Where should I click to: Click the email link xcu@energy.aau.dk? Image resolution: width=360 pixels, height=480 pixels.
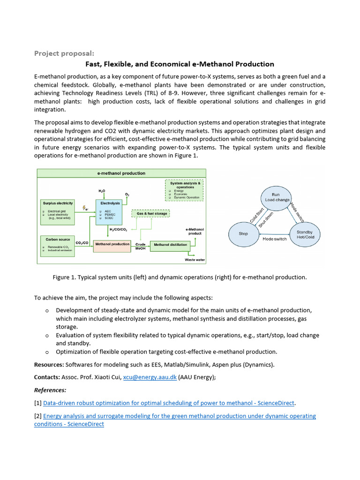tap(150, 377)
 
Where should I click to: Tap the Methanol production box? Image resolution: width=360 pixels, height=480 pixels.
tap(112, 245)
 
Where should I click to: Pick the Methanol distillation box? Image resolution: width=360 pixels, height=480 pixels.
tap(170, 245)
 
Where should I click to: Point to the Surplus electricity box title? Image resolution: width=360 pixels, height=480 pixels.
tap(58, 203)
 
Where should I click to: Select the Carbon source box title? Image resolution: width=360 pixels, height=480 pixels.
tap(58, 239)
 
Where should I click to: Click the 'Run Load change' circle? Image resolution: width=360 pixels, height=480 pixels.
tap(277, 197)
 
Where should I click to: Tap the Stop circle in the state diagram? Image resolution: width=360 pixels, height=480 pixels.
tap(243, 233)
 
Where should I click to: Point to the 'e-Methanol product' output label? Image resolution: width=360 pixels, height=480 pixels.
tap(195, 231)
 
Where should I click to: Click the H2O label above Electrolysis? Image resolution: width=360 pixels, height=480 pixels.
tap(102, 191)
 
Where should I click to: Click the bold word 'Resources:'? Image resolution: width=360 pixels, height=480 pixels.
tap(49, 365)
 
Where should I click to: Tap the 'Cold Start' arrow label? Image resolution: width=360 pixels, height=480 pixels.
tap(256, 215)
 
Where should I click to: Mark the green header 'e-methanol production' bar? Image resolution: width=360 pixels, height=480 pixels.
tap(121, 173)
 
